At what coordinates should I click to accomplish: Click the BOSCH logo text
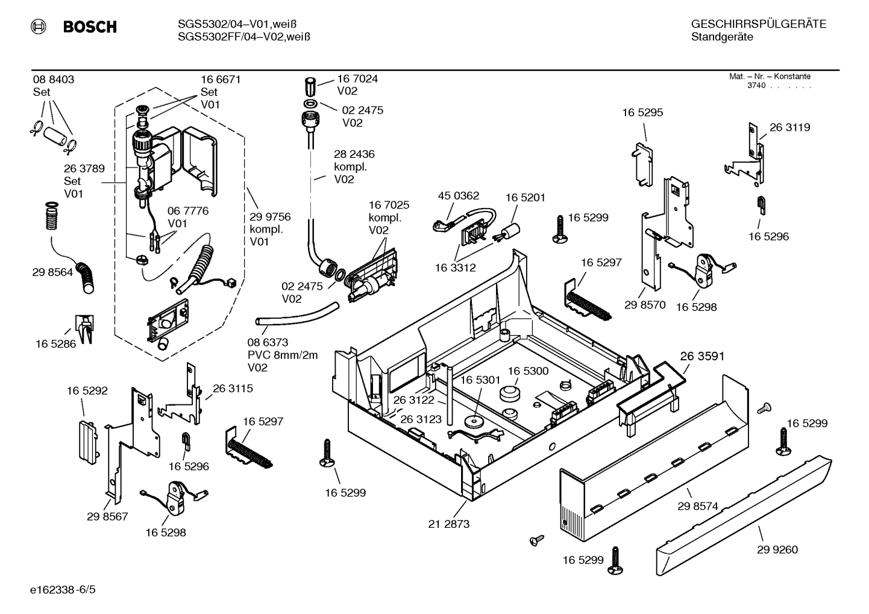[89, 27]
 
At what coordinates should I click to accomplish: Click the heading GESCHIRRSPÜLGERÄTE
[758, 24]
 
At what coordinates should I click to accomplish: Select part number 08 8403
[53, 79]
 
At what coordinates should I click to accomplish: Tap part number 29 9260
[777, 549]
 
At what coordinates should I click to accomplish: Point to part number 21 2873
[448, 524]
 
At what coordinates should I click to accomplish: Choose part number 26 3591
[702, 356]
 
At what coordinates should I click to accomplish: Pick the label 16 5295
[642, 113]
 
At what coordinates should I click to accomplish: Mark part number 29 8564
[52, 272]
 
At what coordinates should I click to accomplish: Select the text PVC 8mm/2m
[283, 355]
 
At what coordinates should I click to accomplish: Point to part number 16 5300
[527, 371]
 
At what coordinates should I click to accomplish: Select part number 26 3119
[789, 127]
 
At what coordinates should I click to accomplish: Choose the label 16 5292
[87, 390]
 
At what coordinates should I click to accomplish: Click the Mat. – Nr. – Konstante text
[770, 77]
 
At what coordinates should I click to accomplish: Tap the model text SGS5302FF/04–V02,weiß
[244, 37]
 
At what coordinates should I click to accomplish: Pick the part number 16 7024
[357, 78]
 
